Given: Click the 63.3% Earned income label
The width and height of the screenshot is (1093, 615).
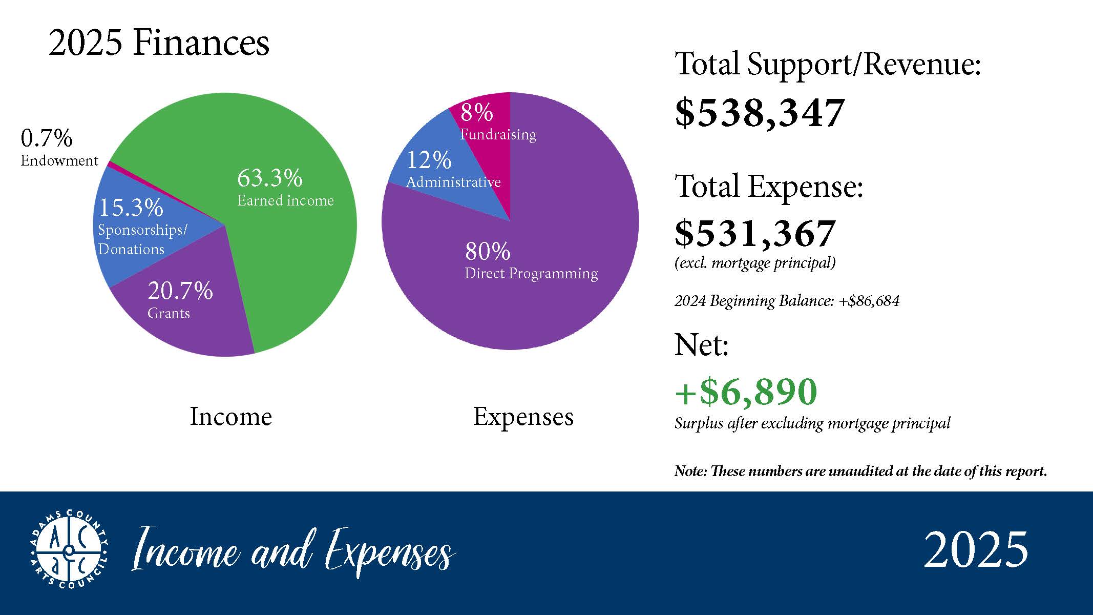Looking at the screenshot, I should pos(285,188).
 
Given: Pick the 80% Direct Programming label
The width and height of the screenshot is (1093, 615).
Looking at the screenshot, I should pos(531,261).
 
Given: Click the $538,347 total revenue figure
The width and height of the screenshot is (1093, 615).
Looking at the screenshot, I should pos(759,113).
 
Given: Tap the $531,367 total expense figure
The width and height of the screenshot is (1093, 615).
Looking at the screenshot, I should pos(755,233).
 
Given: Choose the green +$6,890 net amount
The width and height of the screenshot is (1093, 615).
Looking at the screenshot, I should pos(746,392).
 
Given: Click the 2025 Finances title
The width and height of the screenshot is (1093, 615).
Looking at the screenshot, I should pos(159,43).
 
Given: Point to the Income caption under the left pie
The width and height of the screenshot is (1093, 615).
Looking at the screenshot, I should pos(230,416).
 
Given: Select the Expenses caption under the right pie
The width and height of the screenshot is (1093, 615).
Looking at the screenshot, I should pos(523,416).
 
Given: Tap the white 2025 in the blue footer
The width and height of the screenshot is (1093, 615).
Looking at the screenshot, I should pos(976,549).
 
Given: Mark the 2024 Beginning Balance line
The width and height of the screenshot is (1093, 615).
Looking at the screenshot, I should pos(787,300).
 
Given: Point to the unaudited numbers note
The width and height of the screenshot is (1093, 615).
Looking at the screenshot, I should pos(860,471).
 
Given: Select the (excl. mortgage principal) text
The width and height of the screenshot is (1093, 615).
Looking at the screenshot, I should pos(755,263).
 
